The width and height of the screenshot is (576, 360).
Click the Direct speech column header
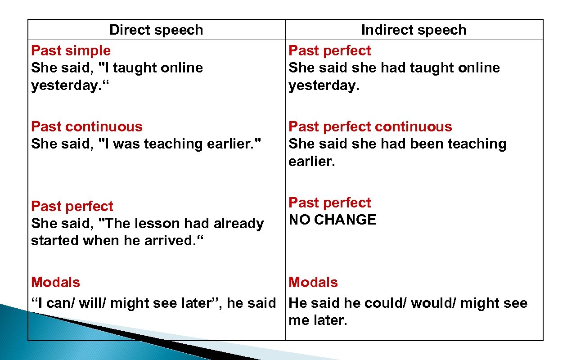pyautogui.click(x=156, y=30)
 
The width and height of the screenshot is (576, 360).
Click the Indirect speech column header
pyautogui.click(x=414, y=30)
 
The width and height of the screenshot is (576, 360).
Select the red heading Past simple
pyautogui.click(x=71, y=51)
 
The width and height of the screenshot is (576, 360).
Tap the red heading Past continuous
pyautogui.click(x=86, y=127)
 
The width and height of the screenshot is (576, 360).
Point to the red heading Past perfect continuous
pyautogui.click(x=370, y=127)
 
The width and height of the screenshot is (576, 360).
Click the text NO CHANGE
pyautogui.click(x=332, y=220)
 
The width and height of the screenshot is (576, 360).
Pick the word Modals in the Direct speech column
pyautogui.click(x=55, y=283)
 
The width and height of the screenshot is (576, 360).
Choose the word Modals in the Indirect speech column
pyautogui.click(x=313, y=283)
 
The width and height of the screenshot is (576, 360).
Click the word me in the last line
pyautogui.click(x=298, y=320)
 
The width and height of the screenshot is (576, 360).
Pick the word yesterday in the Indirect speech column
pyautogui.click(x=322, y=85)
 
